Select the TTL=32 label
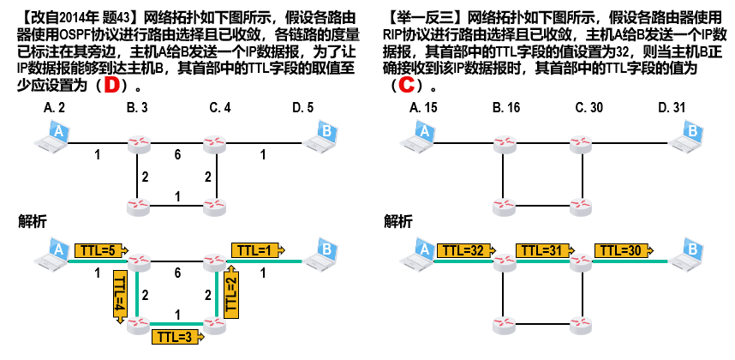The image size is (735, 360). click(463, 251)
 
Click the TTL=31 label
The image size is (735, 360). click(542, 251)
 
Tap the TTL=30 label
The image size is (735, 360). click(624, 251)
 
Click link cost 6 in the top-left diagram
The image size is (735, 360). click(177, 155)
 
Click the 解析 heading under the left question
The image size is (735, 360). click(32, 221)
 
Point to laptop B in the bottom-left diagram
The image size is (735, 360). click(324, 252)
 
